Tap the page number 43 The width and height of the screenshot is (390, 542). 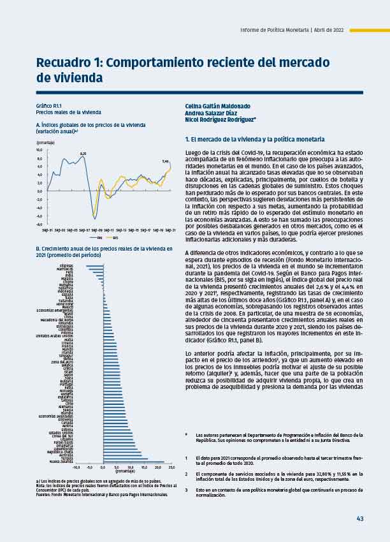coord(359,518)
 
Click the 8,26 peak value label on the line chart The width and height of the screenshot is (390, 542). coord(82,153)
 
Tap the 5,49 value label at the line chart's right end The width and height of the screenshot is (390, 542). coord(165,161)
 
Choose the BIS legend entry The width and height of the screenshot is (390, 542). coord(115,238)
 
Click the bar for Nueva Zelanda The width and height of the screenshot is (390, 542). coord(134,462)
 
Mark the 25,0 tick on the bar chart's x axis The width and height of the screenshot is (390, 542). coord(171,467)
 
